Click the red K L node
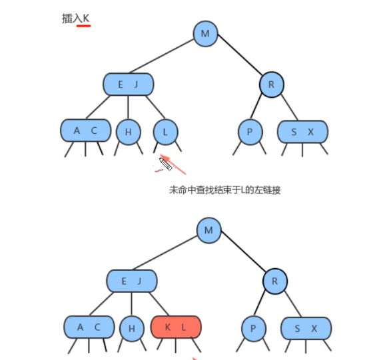pyautogui.click(x=176, y=327)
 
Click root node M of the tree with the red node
pyautogui.click(x=209, y=230)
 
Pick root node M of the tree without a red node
pyautogui.click(x=205, y=33)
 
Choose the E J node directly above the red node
pyautogui.click(x=133, y=281)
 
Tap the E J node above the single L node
pyautogui.click(x=129, y=85)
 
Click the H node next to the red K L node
pyautogui.click(x=132, y=328)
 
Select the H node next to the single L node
pyautogui.click(x=128, y=132)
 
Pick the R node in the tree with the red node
pyautogui.click(x=274, y=281)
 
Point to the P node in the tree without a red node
pyautogui.click(x=250, y=132)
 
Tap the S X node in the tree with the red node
pyautogui.click(x=306, y=328)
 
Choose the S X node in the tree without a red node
pyautogui.click(x=302, y=132)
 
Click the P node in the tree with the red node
pyautogui.click(x=253, y=328)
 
